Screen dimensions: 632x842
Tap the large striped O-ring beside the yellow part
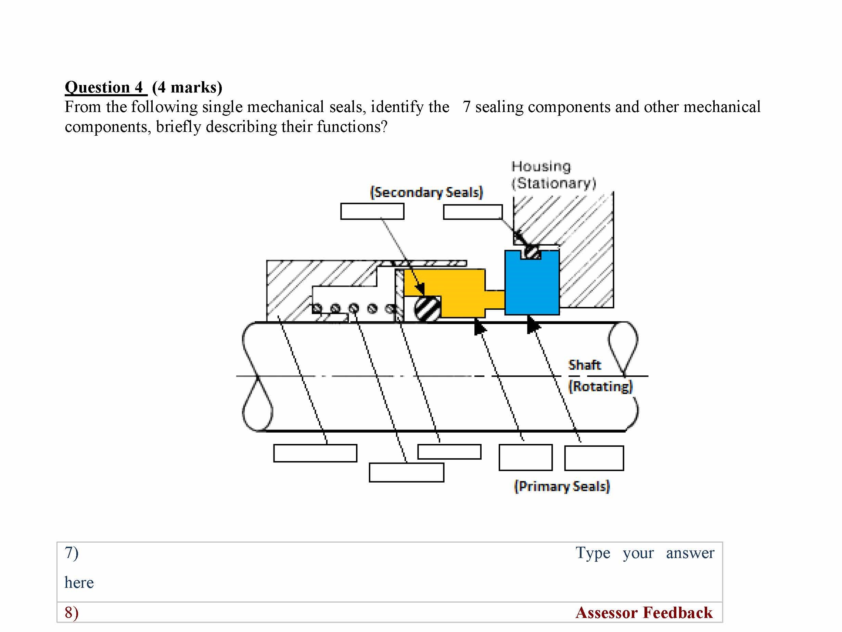point(427,309)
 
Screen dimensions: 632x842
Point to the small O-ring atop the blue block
point(531,252)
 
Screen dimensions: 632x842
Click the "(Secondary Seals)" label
point(426,193)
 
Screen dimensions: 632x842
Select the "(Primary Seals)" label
point(562,486)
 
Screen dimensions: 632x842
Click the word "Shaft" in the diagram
point(584,365)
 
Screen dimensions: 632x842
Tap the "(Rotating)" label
point(600,386)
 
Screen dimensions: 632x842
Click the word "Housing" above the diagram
point(541,166)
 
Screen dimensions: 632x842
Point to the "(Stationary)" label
point(553,183)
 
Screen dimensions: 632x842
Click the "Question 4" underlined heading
point(104,87)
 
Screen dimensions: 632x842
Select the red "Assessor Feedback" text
point(644,612)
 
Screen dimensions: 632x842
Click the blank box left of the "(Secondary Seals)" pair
point(372,211)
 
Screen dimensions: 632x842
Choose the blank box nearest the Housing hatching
point(472,212)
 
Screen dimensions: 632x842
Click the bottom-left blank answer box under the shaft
point(315,453)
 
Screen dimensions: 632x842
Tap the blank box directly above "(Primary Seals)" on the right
point(594,458)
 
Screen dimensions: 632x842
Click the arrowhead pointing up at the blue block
point(533,325)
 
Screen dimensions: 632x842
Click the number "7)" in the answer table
point(72,553)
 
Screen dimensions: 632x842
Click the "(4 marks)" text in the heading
point(187,87)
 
